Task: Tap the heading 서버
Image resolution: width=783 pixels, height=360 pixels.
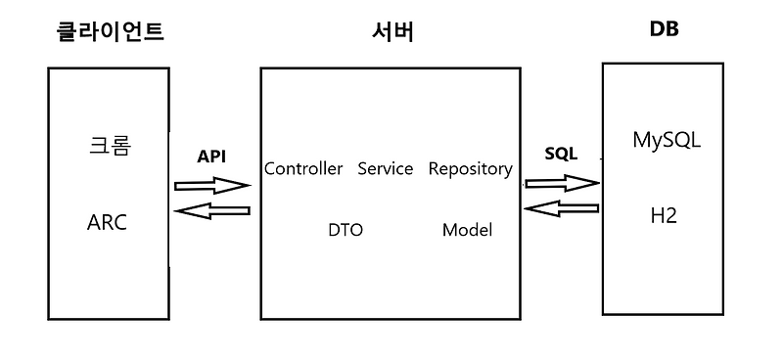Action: click(x=392, y=30)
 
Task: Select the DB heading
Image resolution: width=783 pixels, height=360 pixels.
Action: click(x=664, y=28)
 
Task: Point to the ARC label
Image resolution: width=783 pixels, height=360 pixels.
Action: click(x=107, y=222)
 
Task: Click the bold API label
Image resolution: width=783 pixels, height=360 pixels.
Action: click(x=211, y=157)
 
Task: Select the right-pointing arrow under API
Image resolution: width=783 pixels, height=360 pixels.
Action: click(x=211, y=185)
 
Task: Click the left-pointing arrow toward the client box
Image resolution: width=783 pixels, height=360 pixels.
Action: click(x=211, y=210)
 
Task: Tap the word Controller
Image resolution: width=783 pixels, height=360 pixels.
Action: click(x=303, y=169)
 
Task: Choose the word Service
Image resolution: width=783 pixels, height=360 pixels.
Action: click(x=385, y=169)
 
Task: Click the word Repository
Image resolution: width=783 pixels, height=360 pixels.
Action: click(x=470, y=169)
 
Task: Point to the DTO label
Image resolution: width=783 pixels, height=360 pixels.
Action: click(x=345, y=231)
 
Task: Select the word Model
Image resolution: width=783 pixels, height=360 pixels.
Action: click(x=467, y=231)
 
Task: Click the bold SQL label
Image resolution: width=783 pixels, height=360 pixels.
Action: click(x=561, y=155)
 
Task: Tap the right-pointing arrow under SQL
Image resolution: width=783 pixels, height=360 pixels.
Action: click(x=562, y=182)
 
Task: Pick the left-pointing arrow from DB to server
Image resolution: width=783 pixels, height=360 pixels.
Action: click(x=562, y=207)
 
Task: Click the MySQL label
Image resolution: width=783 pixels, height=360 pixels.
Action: click(x=666, y=141)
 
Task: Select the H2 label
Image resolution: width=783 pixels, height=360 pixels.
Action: click(x=664, y=214)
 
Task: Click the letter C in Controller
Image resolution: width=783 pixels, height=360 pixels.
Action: click(x=269, y=169)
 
